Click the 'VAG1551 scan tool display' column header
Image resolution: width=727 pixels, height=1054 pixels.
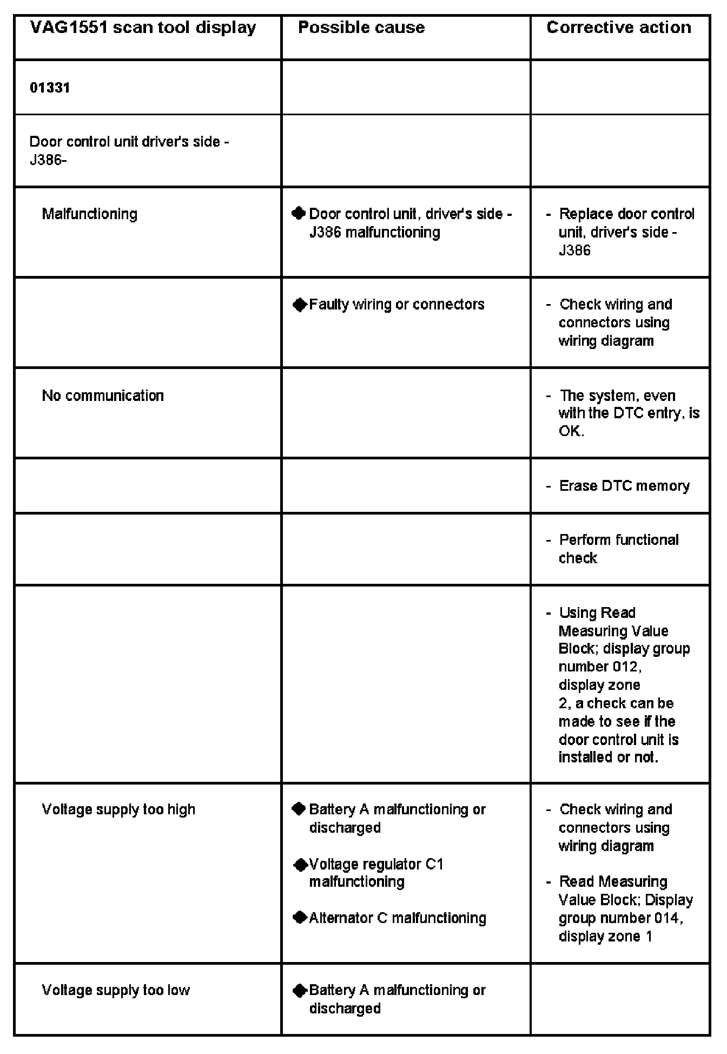pyautogui.click(x=143, y=28)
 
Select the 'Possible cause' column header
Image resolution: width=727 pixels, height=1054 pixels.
pyautogui.click(x=361, y=28)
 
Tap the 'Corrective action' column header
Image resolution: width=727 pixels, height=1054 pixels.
pyautogui.click(x=619, y=28)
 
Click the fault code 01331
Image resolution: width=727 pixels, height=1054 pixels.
pyautogui.click(x=50, y=88)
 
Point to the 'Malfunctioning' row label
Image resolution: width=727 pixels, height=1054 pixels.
pyautogui.click(x=90, y=214)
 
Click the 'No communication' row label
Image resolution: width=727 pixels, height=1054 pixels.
pyautogui.click(x=103, y=396)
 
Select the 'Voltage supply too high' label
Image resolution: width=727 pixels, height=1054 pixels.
pyautogui.click(x=118, y=809)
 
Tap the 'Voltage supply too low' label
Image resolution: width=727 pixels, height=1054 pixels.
pyautogui.click(x=116, y=990)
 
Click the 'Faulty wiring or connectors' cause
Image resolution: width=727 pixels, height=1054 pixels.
pyautogui.click(x=396, y=305)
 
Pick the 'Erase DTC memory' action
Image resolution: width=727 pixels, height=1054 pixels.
pyautogui.click(x=624, y=486)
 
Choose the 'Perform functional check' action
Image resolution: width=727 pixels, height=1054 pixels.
pyautogui.click(x=618, y=549)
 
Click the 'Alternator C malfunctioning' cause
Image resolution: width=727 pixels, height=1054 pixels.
pyautogui.click(x=398, y=918)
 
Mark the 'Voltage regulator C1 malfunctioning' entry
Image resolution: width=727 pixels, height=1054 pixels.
pyautogui.click(x=376, y=873)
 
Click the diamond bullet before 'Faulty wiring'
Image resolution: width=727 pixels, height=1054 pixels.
pyautogui.click(x=299, y=305)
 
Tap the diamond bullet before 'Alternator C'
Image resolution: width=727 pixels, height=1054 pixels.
pyautogui.click(x=299, y=918)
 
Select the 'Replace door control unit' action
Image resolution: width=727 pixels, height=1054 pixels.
pyautogui.click(x=626, y=232)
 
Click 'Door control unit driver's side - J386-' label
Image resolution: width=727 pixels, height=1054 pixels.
pyautogui.click(x=129, y=151)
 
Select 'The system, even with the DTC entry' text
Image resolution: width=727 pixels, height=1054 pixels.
pyautogui.click(x=629, y=413)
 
